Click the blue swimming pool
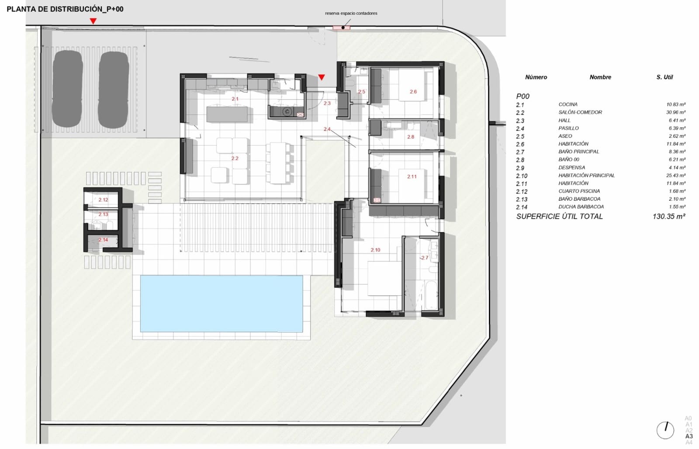221,304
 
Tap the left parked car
68,89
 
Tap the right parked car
113,89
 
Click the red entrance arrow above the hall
322,78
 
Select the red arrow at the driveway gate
93,21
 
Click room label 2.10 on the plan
375,250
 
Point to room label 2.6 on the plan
413,92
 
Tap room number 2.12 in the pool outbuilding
103,200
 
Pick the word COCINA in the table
568,104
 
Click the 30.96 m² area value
675,112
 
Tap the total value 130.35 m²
668,216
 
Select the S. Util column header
664,77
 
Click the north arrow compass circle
665,430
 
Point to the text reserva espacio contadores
351,13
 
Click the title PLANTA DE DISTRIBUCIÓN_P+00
65,9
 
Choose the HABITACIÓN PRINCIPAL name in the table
586,175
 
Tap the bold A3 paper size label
689,436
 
